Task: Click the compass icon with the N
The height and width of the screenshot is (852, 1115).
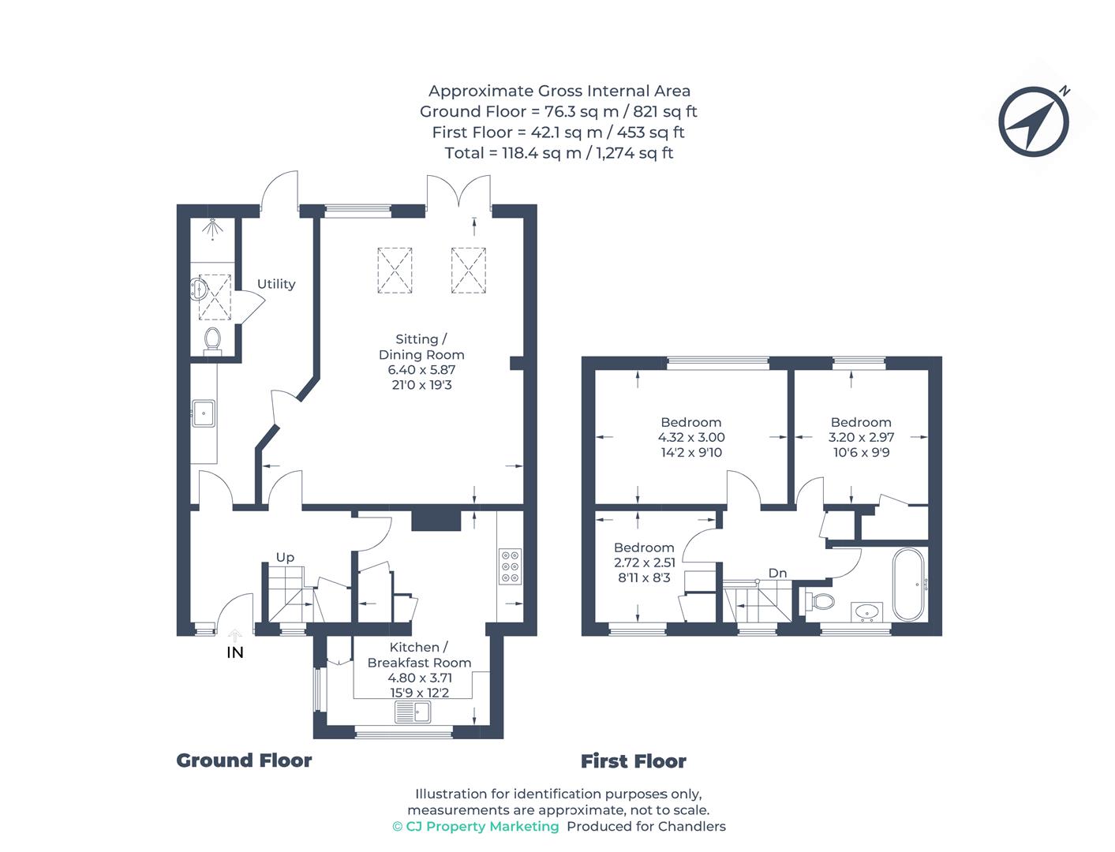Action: tap(1034, 121)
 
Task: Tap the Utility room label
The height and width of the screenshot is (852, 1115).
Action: tap(276, 284)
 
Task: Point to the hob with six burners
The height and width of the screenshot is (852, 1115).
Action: tap(510, 566)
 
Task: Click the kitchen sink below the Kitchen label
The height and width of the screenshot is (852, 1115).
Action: tap(413, 712)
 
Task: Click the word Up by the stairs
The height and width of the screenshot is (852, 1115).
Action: tap(285, 557)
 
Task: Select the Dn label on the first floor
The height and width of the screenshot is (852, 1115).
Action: tap(777, 573)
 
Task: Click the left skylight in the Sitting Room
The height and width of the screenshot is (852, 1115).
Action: tap(395, 271)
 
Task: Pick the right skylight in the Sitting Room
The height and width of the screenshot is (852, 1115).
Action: tap(470, 271)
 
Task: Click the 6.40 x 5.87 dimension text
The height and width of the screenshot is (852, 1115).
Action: tap(421, 369)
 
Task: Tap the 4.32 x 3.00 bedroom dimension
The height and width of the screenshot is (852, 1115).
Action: tap(691, 437)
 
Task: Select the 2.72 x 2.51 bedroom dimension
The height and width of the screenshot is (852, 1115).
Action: tap(644, 562)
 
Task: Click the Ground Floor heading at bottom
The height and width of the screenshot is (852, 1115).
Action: tap(244, 760)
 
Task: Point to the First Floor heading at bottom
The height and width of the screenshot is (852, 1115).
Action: tap(633, 761)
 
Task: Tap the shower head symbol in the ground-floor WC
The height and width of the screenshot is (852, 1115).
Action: tap(211, 227)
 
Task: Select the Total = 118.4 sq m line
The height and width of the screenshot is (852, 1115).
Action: tap(558, 152)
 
